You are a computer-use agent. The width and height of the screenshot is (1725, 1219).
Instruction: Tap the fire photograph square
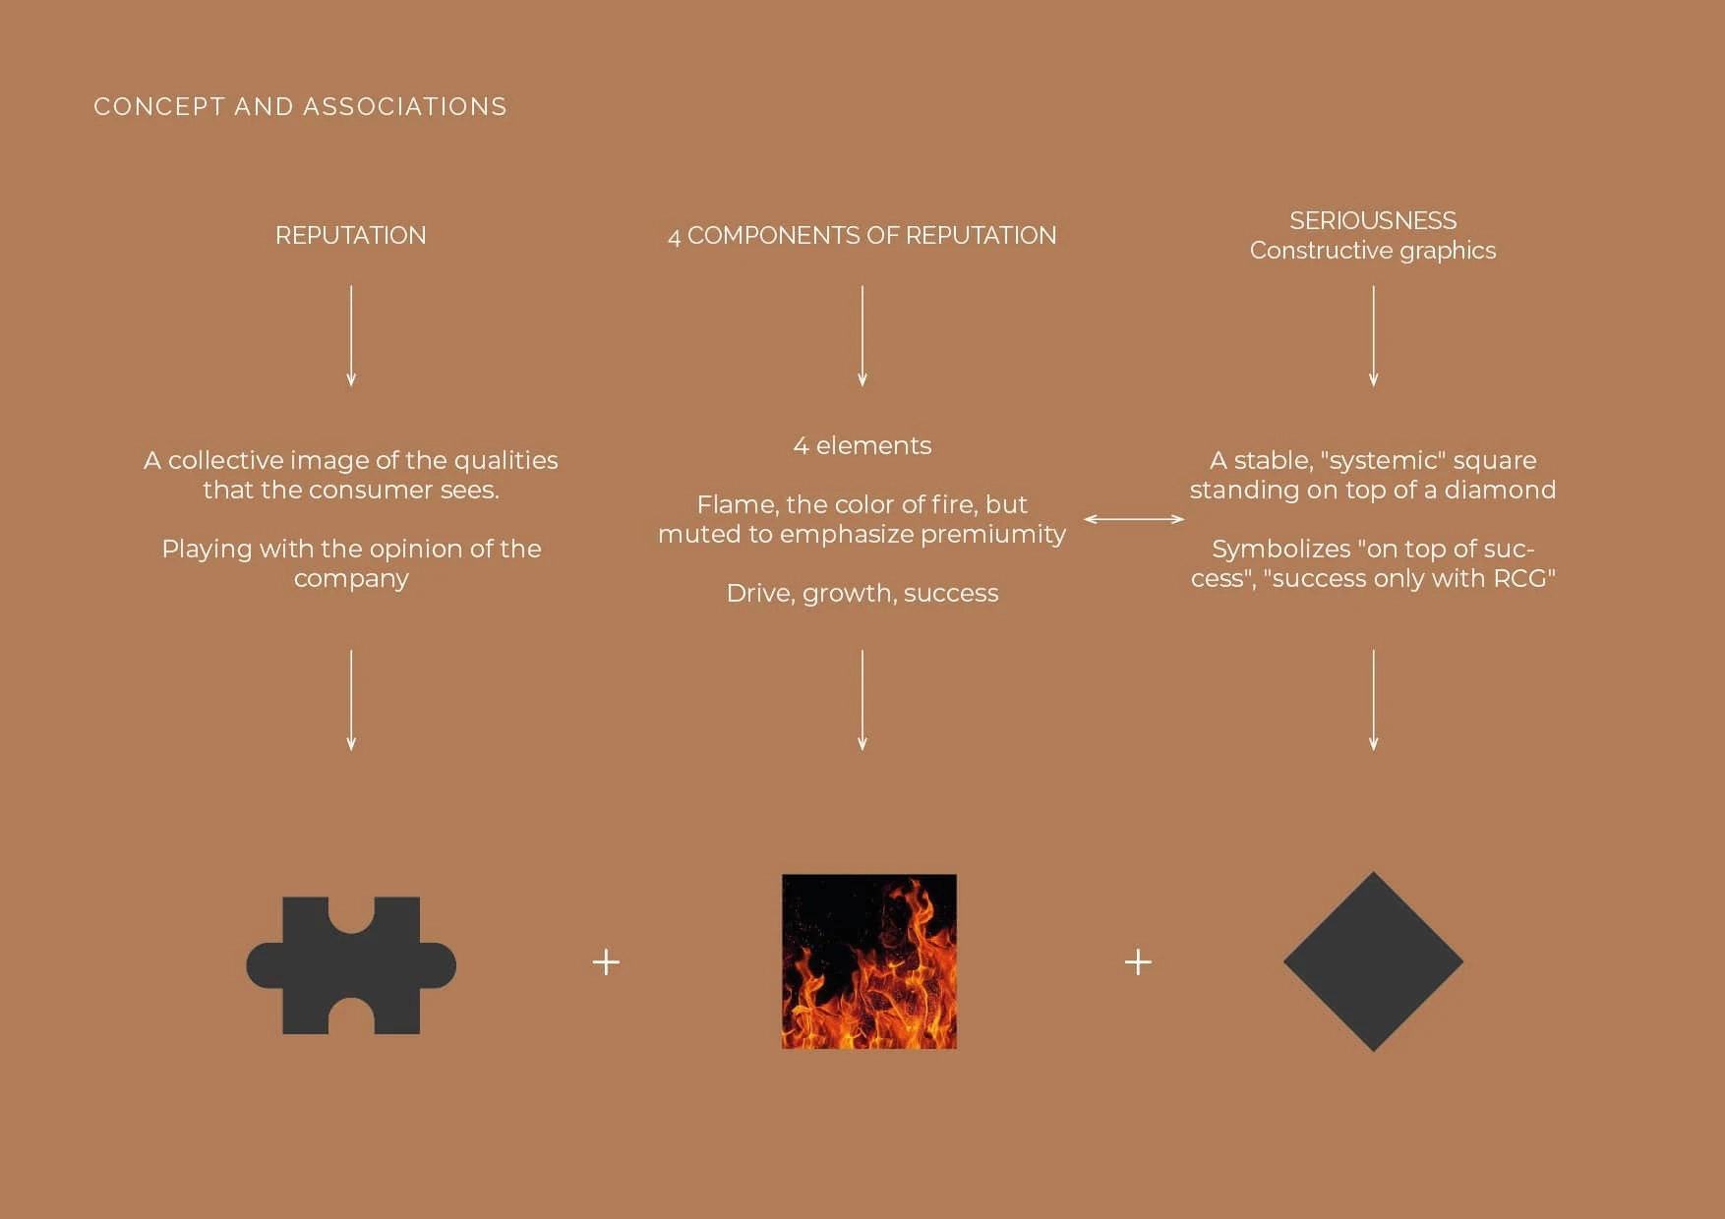tap(869, 961)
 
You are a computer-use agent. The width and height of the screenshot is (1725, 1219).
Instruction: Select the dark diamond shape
tap(1373, 961)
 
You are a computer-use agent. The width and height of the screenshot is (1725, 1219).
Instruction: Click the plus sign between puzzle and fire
tap(606, 961)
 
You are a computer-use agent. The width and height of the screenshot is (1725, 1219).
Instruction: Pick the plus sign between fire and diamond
tap(1138, 961)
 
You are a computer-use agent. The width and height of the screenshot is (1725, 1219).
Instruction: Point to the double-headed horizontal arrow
tap(1134, 519)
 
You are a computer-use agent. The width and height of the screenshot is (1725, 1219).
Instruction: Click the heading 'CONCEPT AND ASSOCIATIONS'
tap(300, 106)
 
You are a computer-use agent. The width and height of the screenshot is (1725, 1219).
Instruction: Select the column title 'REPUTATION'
tap(351, 236)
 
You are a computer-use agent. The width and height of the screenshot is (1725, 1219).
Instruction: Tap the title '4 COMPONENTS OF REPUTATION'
tap(862, 236)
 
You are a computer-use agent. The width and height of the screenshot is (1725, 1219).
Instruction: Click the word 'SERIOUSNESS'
tap(1373, 220)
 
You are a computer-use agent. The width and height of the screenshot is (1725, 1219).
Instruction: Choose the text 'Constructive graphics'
tap(1373, 251)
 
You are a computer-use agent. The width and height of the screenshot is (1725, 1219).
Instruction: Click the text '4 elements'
tap(862, 445)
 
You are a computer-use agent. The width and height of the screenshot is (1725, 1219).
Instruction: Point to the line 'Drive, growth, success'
tap(862, 594)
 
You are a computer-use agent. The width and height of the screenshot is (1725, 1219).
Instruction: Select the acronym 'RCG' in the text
tap(1520, 578)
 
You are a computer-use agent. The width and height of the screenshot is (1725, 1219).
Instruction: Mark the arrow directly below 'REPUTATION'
tap(351, 336)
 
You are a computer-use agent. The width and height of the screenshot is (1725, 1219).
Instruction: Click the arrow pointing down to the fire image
tap(862, 700)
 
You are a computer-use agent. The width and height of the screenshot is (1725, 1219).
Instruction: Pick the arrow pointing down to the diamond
tap(1373, 700)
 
